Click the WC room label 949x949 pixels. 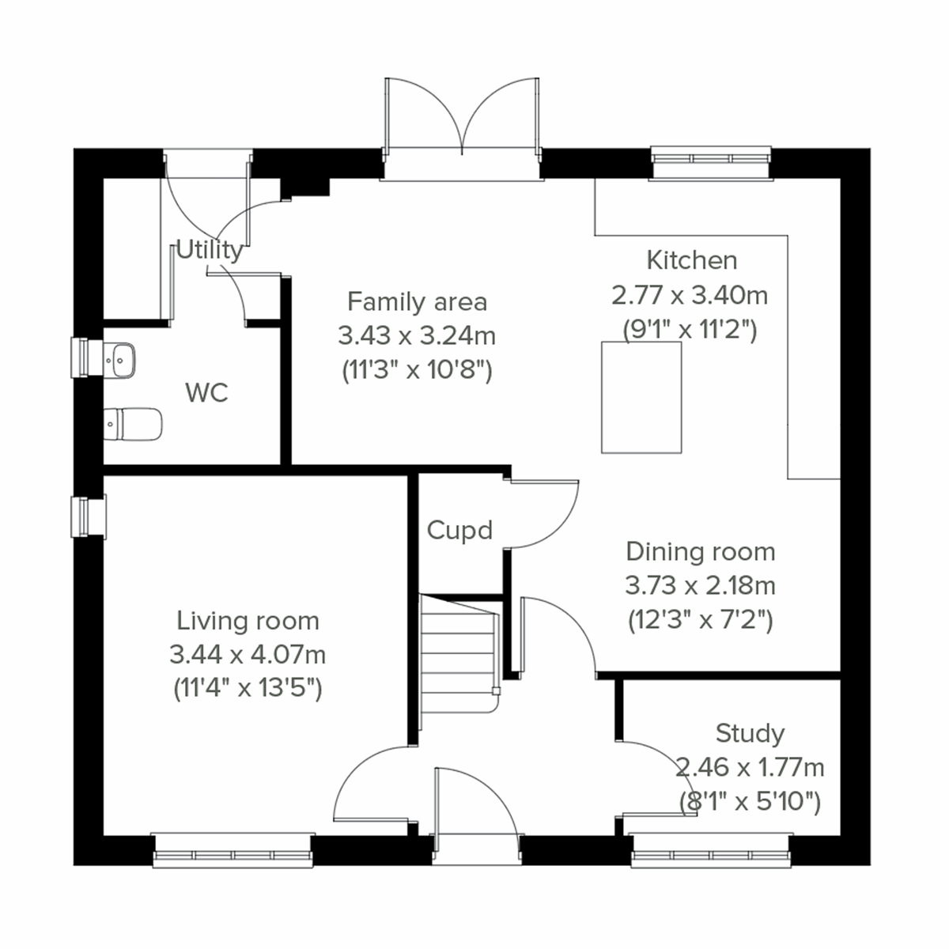(x=206, y=392)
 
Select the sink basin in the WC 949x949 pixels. (x=120, y=359)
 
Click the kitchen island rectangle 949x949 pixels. (x=641, y=397)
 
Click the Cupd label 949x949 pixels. (x=459, y=530)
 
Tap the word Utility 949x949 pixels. (x=209, y=250)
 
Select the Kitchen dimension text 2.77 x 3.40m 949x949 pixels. (x=690, y=295)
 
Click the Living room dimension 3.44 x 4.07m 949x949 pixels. (x=248, y=655)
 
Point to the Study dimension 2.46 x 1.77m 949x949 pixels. (x=750, y=767)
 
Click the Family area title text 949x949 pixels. (x=417, y=302)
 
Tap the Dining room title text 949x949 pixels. (x=700, y=552)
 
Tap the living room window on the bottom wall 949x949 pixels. (x=233, y=852)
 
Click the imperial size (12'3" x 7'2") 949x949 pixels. (x=700, y=620)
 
